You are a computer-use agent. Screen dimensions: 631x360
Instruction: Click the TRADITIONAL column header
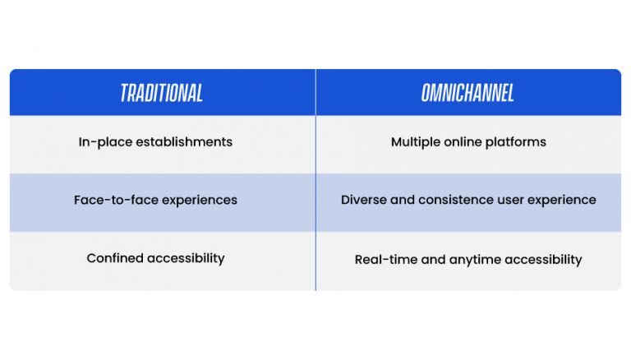pos(161,93)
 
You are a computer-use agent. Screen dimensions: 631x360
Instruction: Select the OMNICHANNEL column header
pos(467,93)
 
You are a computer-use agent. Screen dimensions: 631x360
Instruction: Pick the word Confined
pos(115,258)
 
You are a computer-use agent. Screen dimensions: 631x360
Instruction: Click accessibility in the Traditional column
pos(186,259)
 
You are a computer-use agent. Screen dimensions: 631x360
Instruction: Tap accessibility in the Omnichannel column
pos(543,260)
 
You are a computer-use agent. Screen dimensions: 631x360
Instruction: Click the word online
pos(463,142)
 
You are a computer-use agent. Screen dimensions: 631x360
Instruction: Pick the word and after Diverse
pos(403,200)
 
